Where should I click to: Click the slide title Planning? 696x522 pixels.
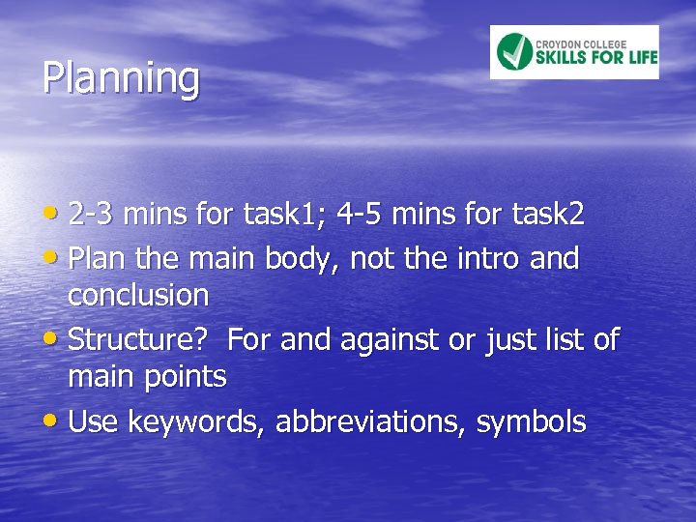[121, 78]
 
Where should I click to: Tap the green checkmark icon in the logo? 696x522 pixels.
[514, 52]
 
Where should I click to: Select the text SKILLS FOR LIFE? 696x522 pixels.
[596, 58]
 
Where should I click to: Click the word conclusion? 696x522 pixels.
[138, 294]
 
